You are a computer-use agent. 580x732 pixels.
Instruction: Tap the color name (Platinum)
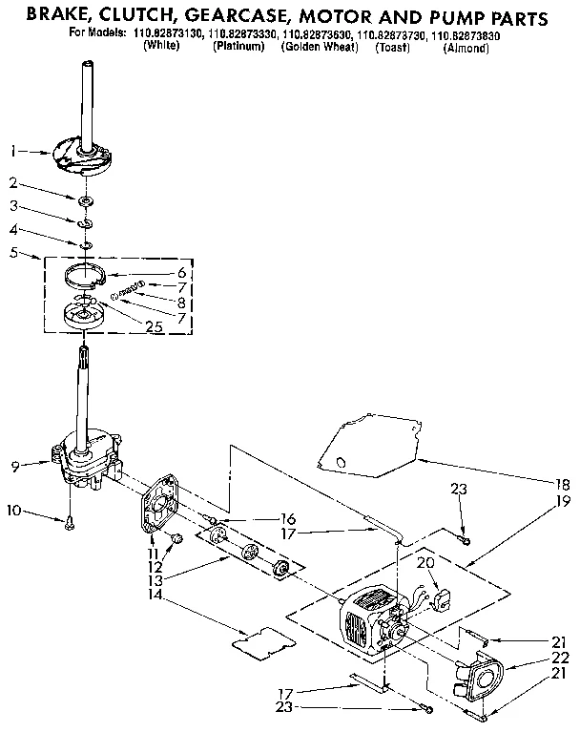[238, 47]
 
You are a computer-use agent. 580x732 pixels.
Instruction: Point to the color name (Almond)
[466, 47]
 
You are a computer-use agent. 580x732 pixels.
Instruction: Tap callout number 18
[562, 484]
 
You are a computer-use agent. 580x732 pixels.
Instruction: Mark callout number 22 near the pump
[561, 658]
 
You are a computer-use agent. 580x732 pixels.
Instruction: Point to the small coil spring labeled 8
[127, 289]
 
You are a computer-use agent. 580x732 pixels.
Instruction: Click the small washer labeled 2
[86, 199]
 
